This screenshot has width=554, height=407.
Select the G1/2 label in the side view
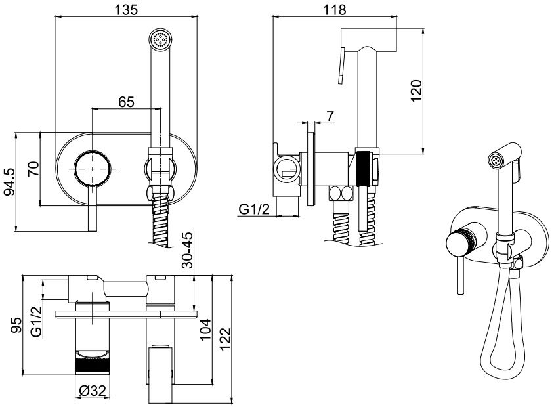[254, 209]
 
